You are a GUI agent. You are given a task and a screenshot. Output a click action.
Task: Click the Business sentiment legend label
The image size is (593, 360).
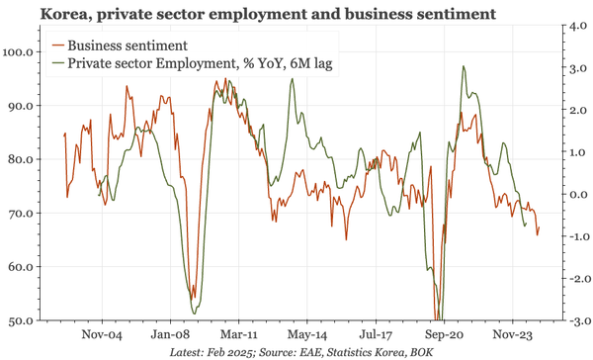pyautogui.click(x=127, y=45)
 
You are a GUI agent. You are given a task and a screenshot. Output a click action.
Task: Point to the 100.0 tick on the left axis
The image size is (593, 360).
pyautogui.click(x=21, y=51)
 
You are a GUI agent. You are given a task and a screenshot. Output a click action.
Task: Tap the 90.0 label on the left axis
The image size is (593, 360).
pyautogui.click(x=23, y=106)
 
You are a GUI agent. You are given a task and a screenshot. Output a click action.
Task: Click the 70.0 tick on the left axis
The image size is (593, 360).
pyautogui.click(x=23, y=214)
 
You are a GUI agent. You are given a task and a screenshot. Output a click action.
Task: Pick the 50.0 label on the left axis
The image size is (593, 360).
pyautogui.click(x=23, y=321)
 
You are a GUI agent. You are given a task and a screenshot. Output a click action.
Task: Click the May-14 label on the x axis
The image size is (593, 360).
pyautogui.click(x=306, y=334)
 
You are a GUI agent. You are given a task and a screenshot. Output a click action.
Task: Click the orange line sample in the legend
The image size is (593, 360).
pyautogui.click(x=58, y=45)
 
